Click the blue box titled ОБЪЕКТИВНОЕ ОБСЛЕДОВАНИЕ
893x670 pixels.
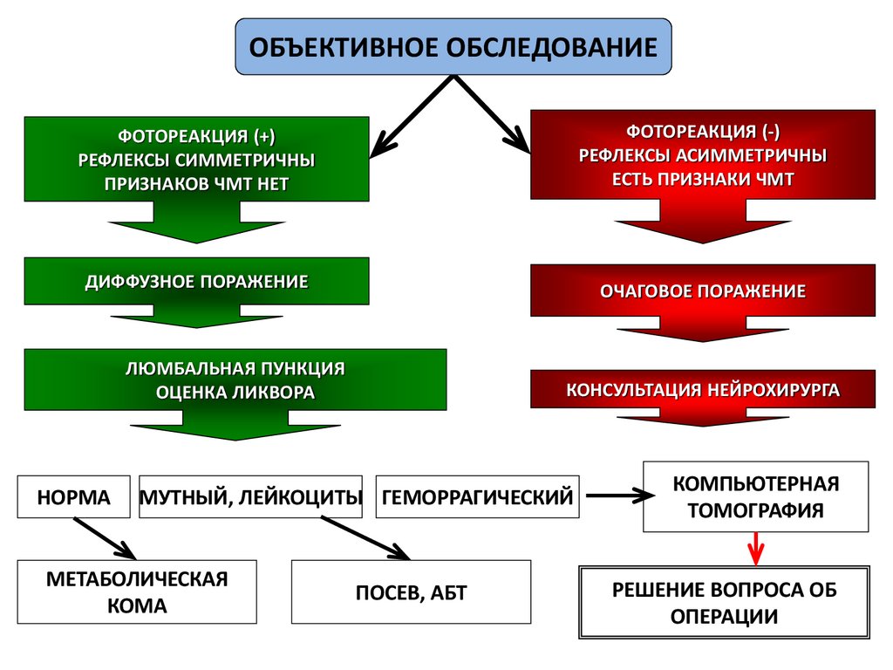tap(453, 46)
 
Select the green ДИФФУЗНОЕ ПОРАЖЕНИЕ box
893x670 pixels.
tap(196, 282)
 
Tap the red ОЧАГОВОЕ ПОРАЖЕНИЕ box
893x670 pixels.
tap(702, 291)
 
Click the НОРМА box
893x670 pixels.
tap(74, 497)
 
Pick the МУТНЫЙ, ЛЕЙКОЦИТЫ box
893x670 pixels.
tap(251, 497)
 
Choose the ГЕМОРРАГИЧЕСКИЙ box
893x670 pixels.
tap(478, 497)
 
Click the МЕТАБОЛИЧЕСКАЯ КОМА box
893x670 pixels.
tap(137, 591)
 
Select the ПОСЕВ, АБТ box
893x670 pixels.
tap(411, 592)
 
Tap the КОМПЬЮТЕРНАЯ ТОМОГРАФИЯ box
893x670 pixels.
tap(756, 496)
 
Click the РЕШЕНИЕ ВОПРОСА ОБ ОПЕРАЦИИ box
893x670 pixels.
tap(724, 603)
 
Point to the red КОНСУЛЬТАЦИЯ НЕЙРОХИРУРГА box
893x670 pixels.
tap(703, 389)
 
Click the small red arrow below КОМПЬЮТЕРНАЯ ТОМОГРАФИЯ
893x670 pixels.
tap(756, 549)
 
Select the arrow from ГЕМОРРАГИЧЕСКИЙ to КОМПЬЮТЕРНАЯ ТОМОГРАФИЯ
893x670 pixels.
tap(619, 496)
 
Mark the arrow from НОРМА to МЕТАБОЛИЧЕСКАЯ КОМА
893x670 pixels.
tap(105, 537)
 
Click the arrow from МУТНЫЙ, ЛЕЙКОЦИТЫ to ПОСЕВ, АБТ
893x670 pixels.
tap(365, 537)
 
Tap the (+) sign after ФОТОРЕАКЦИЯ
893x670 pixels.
tap(265, 137)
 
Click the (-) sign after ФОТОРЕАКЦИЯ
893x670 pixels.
tap(770, 132)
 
